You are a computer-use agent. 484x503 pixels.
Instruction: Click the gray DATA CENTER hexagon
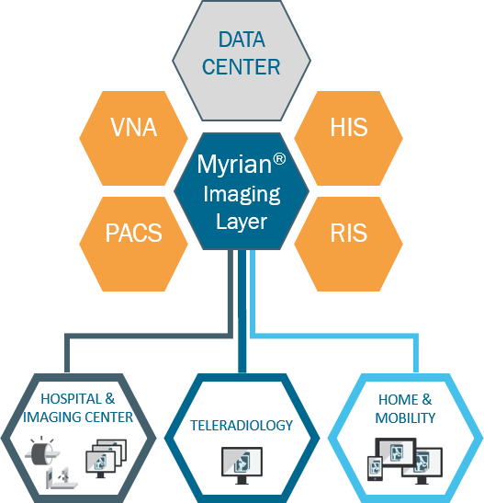[242, 61]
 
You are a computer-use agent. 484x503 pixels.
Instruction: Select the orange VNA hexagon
[133, 138]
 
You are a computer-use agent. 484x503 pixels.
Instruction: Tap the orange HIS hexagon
[348, 138]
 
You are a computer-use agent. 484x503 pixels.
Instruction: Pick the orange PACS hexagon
[133, 244]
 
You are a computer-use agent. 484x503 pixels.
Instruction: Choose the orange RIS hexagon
[348, 244]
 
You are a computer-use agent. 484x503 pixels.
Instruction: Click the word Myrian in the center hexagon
[234, 166]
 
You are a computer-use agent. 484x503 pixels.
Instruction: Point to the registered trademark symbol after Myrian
[279, 159]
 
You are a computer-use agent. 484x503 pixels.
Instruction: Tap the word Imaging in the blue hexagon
[242, 195]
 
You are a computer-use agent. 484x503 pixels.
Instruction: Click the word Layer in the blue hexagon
[242, 222]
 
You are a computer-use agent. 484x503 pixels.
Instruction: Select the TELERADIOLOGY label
[242, 426]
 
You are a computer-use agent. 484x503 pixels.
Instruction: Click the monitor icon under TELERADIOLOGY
[242, 465]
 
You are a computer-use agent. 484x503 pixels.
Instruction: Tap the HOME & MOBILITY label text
[405, 408]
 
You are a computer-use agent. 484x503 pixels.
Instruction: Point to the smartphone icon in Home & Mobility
[375, 468]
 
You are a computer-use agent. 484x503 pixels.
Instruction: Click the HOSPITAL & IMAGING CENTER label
[78, 408]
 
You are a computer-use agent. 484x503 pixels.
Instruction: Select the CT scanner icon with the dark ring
[42, 452]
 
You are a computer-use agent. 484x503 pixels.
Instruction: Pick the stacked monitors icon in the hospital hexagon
[106, 459]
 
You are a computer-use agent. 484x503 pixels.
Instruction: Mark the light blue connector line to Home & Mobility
[334, 336]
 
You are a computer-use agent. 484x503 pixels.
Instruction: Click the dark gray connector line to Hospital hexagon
[149, 336]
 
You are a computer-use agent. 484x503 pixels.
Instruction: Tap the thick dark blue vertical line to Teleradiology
[242, 311]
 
